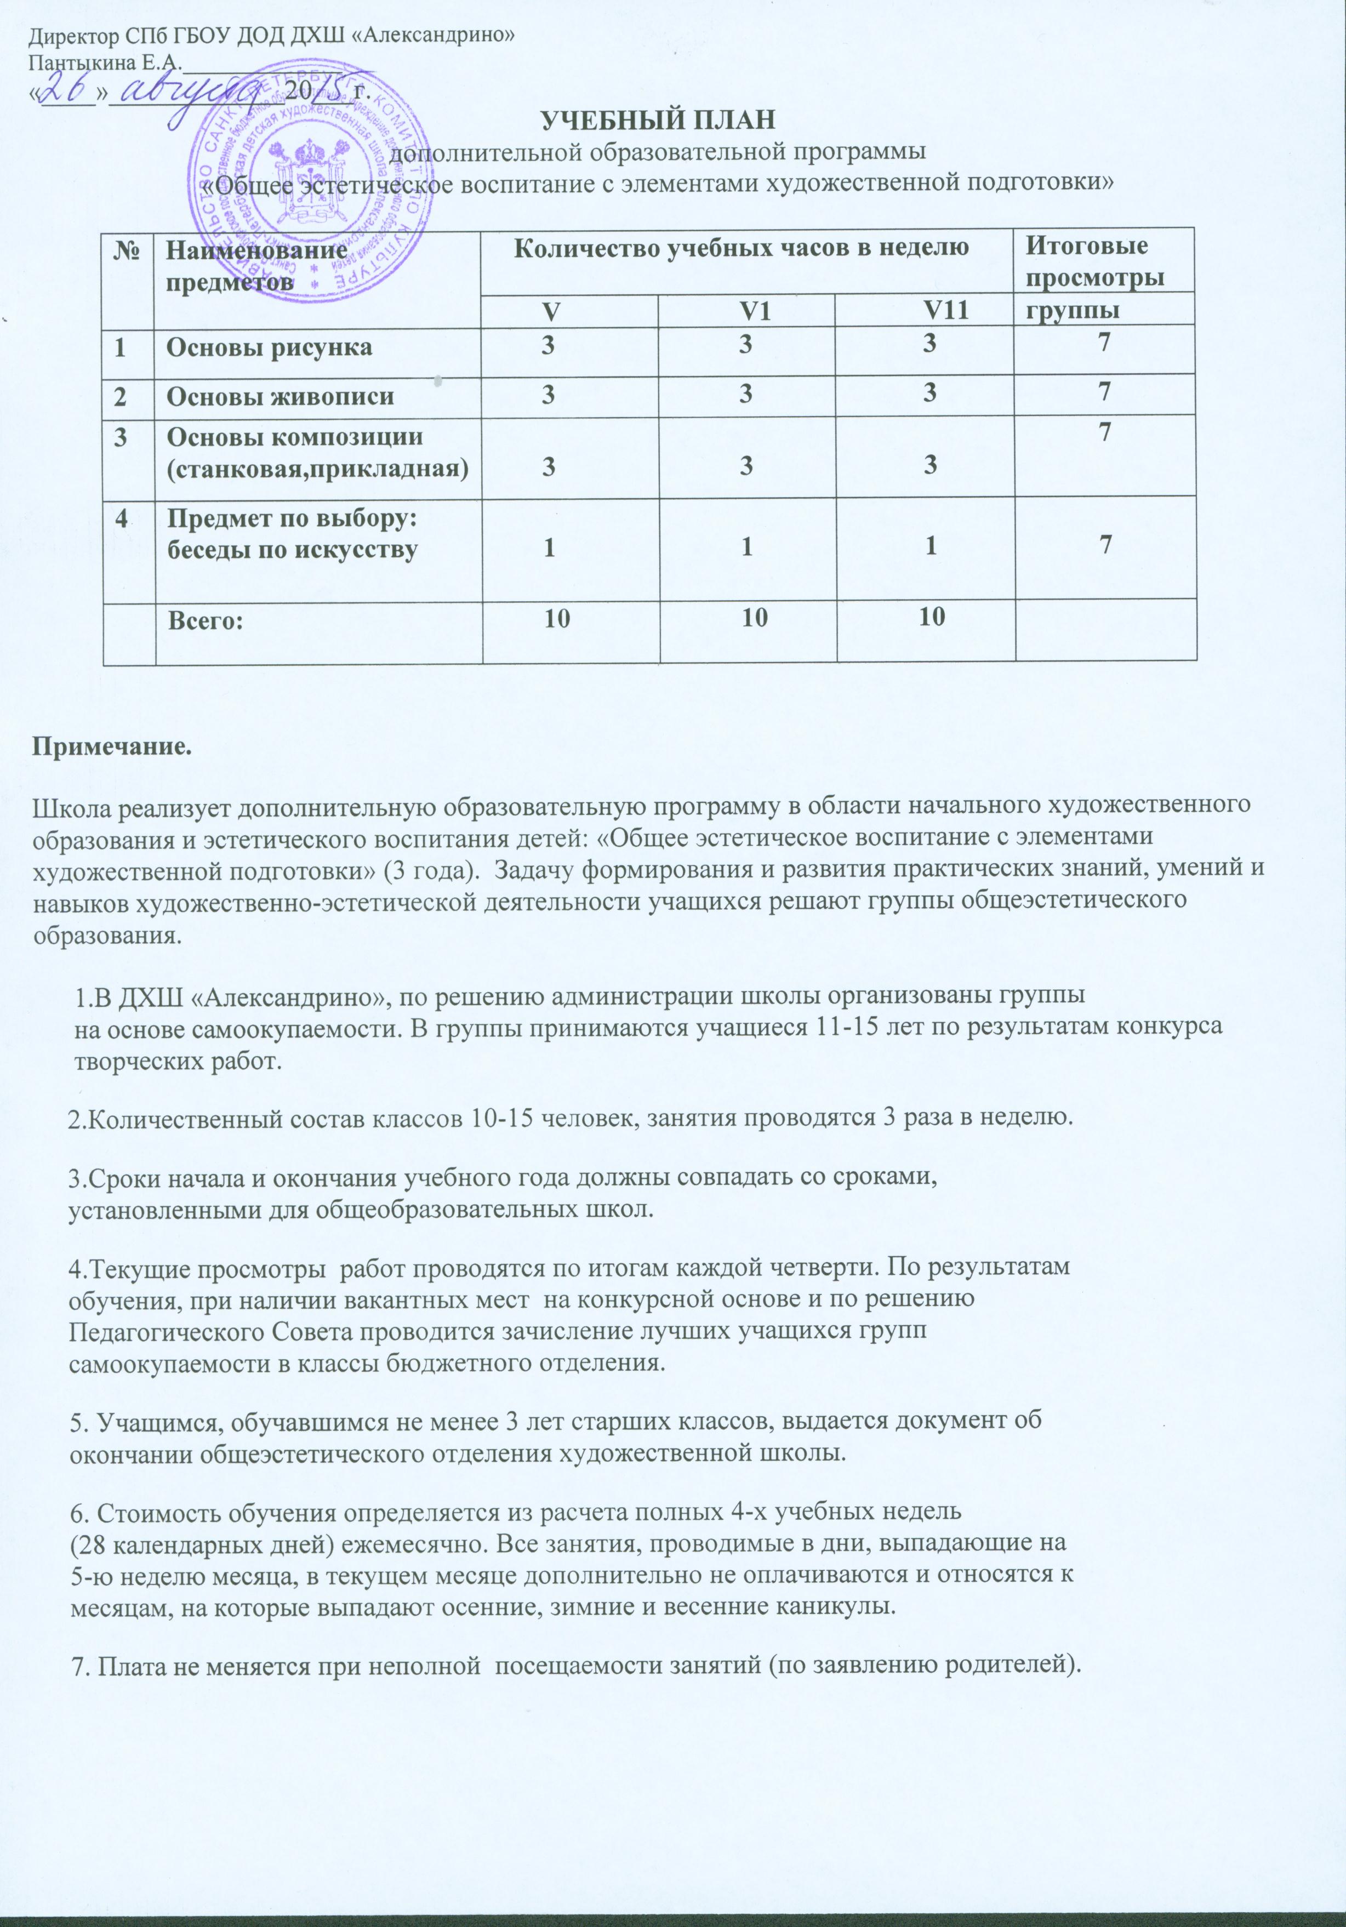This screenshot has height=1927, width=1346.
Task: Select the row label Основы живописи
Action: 280,395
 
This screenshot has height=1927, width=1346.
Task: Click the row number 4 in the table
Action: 123,518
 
